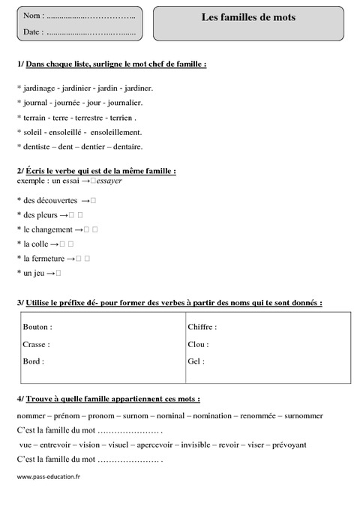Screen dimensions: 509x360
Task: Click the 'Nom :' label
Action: pos(33,16)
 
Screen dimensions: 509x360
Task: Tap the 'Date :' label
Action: pos(33,32)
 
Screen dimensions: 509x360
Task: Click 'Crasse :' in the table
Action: pos(37,344)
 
